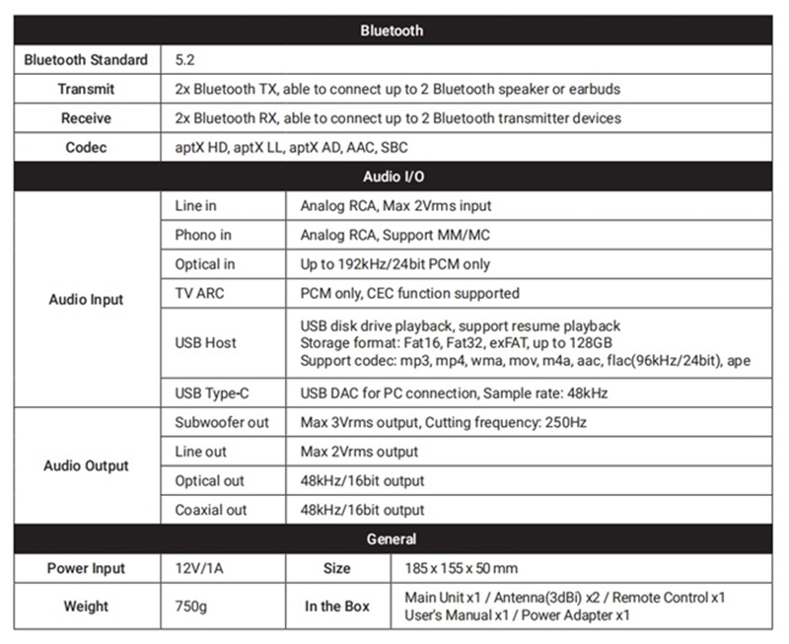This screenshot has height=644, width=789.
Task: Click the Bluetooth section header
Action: click(393, 31)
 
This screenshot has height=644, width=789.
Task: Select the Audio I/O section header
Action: click(393, 177)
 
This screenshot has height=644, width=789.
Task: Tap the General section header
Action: click(393, 538)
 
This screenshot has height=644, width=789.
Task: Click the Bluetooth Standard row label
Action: click(86, 60)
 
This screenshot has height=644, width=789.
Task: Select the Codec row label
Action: click(86, 147)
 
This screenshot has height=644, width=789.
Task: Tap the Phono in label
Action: click(203, 235)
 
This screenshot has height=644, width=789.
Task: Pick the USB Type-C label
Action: click(209, 393)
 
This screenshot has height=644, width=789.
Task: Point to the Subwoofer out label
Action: click(221, 422)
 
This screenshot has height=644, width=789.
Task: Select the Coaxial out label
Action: click(211, 510)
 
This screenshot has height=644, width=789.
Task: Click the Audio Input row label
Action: click(86, 299)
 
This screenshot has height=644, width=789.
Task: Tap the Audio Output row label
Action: click(86, 465)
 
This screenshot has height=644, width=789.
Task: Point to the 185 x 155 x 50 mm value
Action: click(462, 568)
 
